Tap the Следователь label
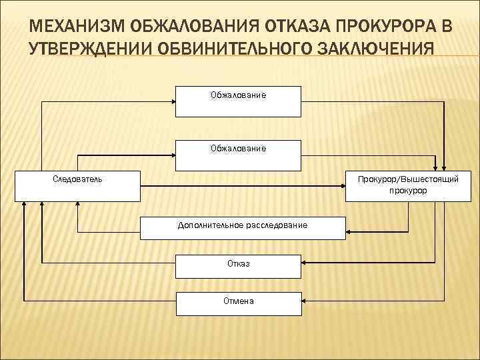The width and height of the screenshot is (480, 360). (77, 179)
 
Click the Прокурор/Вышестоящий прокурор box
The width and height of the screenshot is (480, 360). (407, 185)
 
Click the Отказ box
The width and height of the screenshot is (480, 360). (238, 264)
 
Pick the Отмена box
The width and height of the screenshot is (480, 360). (238, 301)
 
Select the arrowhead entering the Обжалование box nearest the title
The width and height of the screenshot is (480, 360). (172, 101)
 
